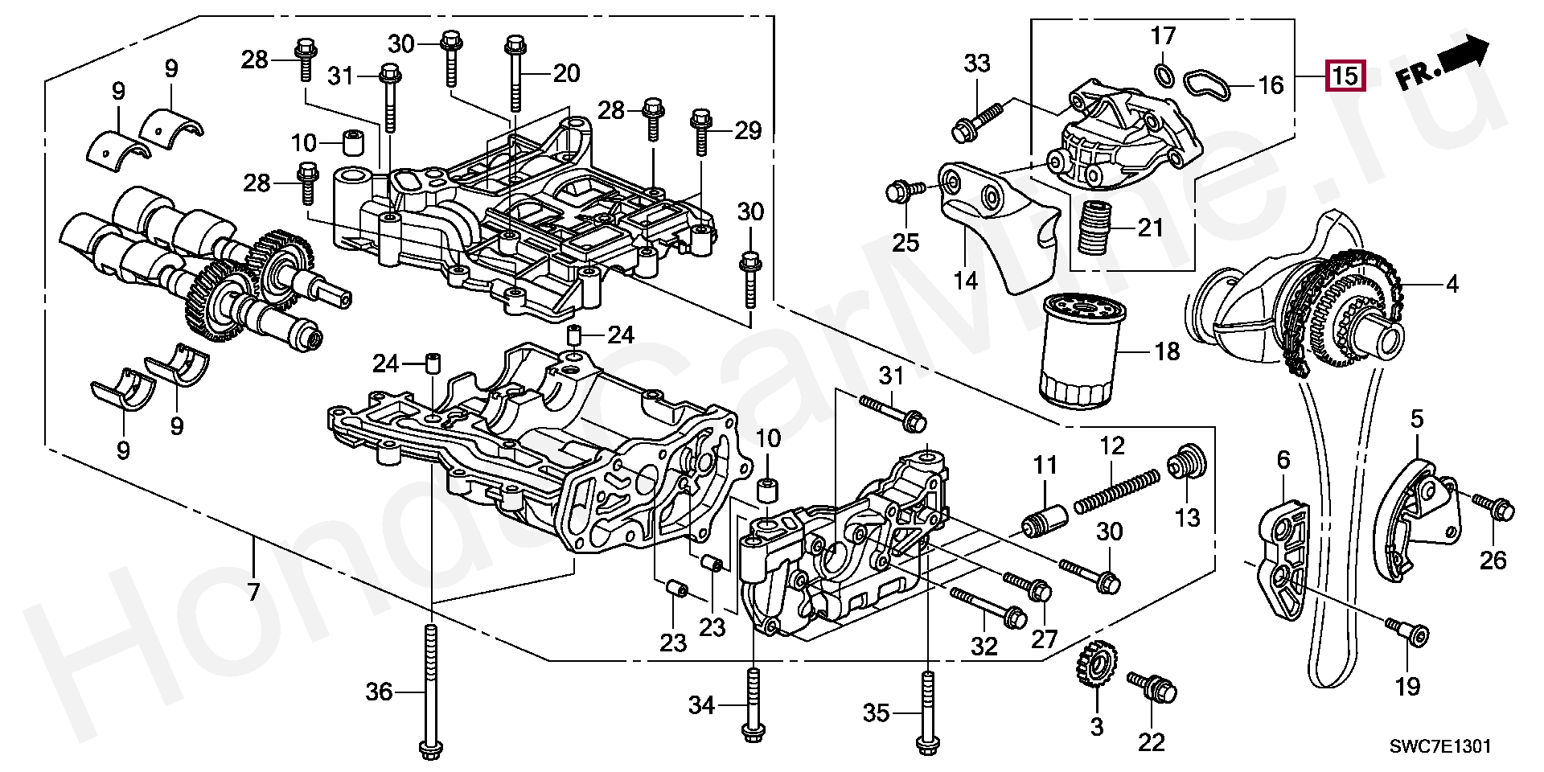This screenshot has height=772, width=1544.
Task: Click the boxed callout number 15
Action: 1346,76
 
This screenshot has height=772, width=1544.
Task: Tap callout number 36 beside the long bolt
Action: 379,691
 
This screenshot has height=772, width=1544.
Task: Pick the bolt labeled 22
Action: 1154,686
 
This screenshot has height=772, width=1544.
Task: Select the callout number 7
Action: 254,593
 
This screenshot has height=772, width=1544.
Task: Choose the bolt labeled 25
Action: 900,191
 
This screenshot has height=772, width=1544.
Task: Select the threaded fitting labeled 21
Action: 1095,228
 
